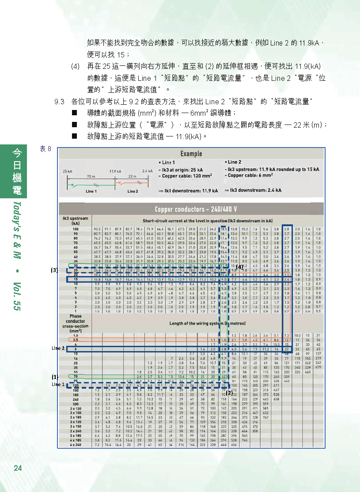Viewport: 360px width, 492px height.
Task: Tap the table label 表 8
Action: pyautogui.click(x=45, y=149)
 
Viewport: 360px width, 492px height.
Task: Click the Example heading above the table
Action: pyautogui.click(x=191, y=154)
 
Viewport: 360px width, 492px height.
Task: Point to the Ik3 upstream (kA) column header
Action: pyautogui.click(x=75, y=220)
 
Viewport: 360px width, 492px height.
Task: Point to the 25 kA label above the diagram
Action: pyautogui.click(x=67, y=171)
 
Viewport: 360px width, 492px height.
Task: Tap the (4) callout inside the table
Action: pyautogui.click(x=239, y=267)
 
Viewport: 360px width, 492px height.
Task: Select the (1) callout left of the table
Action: pyautogui.click(x=54, y=377)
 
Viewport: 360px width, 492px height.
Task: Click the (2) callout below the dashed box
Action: pyautogui.click(x=229, y=392)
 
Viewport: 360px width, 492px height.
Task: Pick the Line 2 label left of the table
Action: pyautogui.click(x=58, y=348)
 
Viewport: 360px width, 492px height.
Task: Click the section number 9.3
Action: pyautogui.click(x=60, y=102)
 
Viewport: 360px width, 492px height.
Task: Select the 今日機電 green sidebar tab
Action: pyautogui.click(x=16, y=172)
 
